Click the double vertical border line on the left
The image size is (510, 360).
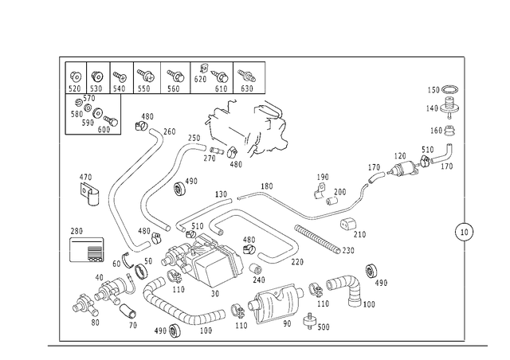[x=61, y=199]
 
